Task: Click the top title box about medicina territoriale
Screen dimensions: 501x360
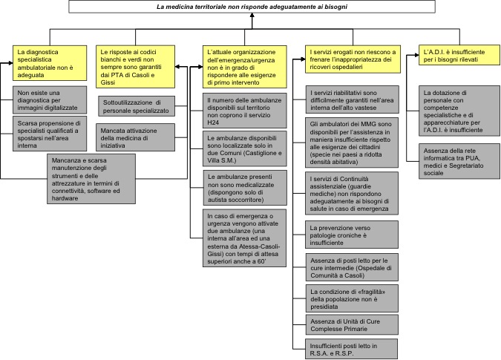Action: (x=252, y=7)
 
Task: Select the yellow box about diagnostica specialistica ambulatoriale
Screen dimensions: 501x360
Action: (x=50, y=63)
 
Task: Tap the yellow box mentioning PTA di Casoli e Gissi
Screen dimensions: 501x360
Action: (x=136, y=67)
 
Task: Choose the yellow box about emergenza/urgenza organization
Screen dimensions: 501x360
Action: (x=244, y=67)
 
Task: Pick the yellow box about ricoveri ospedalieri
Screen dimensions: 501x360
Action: (x=353, y=59)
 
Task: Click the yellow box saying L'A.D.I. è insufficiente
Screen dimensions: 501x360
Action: (x=459, y=55)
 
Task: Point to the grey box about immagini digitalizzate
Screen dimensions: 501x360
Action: (x=50, y=100)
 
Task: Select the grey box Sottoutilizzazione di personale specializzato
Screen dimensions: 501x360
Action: (x=137, y=106)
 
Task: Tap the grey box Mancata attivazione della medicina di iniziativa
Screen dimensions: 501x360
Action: (x=136, y=137)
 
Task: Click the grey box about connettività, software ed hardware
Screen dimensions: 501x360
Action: (x=91, y=179)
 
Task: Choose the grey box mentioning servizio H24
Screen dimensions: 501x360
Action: (x=244, y=111)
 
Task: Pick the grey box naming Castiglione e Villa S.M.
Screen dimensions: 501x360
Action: (x=244, y=148)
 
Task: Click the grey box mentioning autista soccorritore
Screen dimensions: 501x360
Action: (x=245, y=188)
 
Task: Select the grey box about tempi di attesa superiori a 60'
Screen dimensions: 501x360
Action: (x=244, y=238)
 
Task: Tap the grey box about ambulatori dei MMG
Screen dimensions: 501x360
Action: (x=352, y=143)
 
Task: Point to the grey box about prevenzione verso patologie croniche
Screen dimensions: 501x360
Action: (x=352, y=235)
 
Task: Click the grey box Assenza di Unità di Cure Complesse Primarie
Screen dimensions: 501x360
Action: (x=352, y=324)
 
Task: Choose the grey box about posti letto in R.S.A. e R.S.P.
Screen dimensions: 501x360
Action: (x=352, y=349)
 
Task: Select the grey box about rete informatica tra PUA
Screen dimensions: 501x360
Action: (x=459, y=161)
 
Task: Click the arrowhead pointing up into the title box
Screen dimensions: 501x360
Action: (x=252, y=16)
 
